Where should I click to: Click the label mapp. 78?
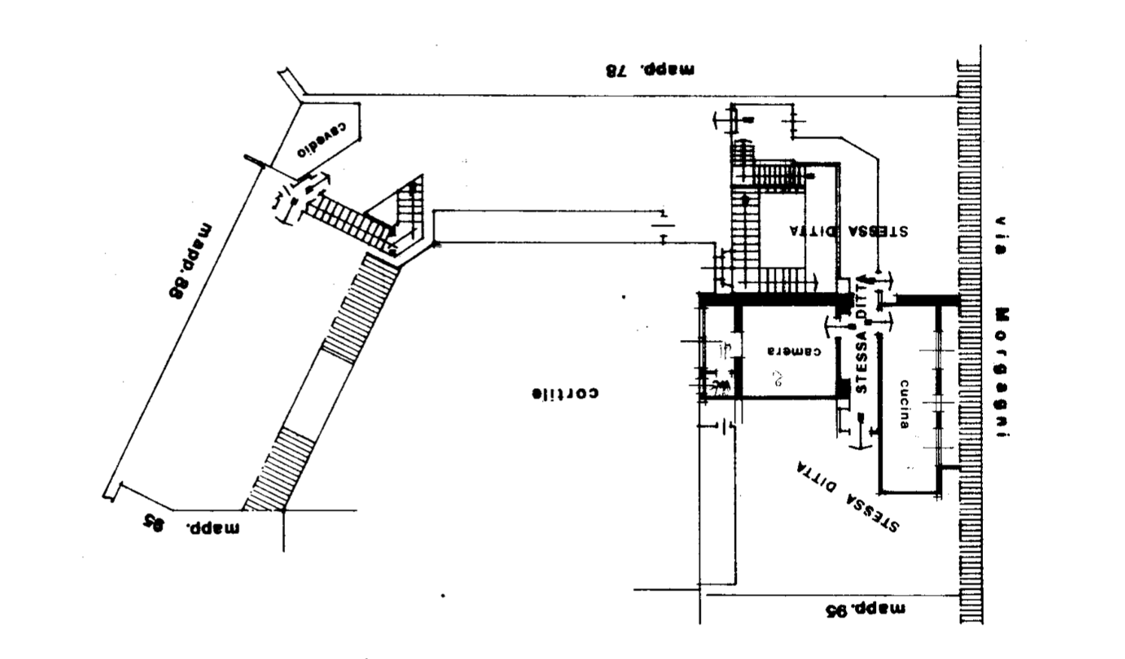click(x=650, y=71)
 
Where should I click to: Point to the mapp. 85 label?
click(x=193, y=524)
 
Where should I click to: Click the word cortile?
click(x=566, y=393)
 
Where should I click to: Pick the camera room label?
click(x=794, y=351)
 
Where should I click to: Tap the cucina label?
click(x=905, y=404)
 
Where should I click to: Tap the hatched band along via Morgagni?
click(x=969, y=339)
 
